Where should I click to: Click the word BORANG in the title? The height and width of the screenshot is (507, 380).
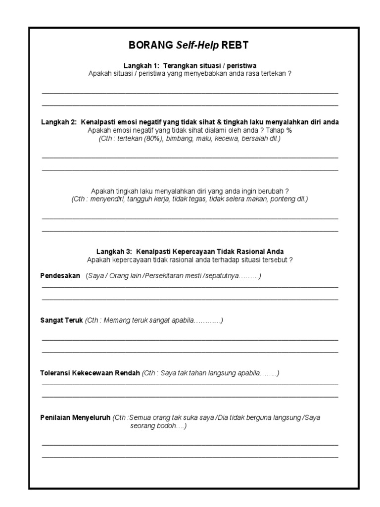click(149, 46)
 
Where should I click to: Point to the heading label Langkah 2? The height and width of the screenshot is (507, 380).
click(59, 122)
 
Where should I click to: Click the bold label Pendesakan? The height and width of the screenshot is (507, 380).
click(60, 276)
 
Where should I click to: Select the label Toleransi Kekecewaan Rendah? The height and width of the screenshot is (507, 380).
click(90, 373)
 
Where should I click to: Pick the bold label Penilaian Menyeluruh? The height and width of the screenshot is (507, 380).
click(75, 417)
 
